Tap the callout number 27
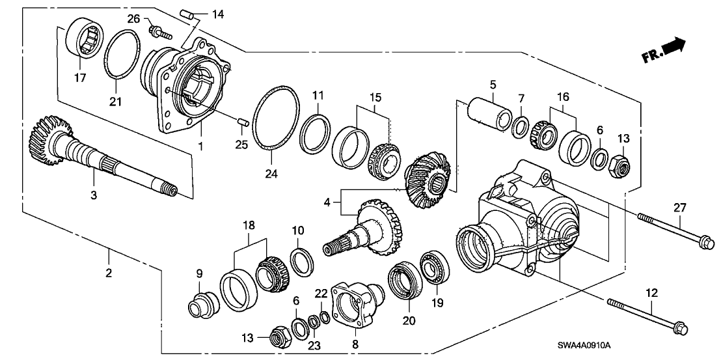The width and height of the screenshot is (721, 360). pos(679,208)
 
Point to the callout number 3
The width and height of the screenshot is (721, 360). pos(94,195)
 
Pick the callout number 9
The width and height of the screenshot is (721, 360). pos(200,274)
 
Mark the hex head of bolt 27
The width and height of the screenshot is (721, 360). pos(706,245)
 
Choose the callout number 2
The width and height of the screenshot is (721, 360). pos(109,273)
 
